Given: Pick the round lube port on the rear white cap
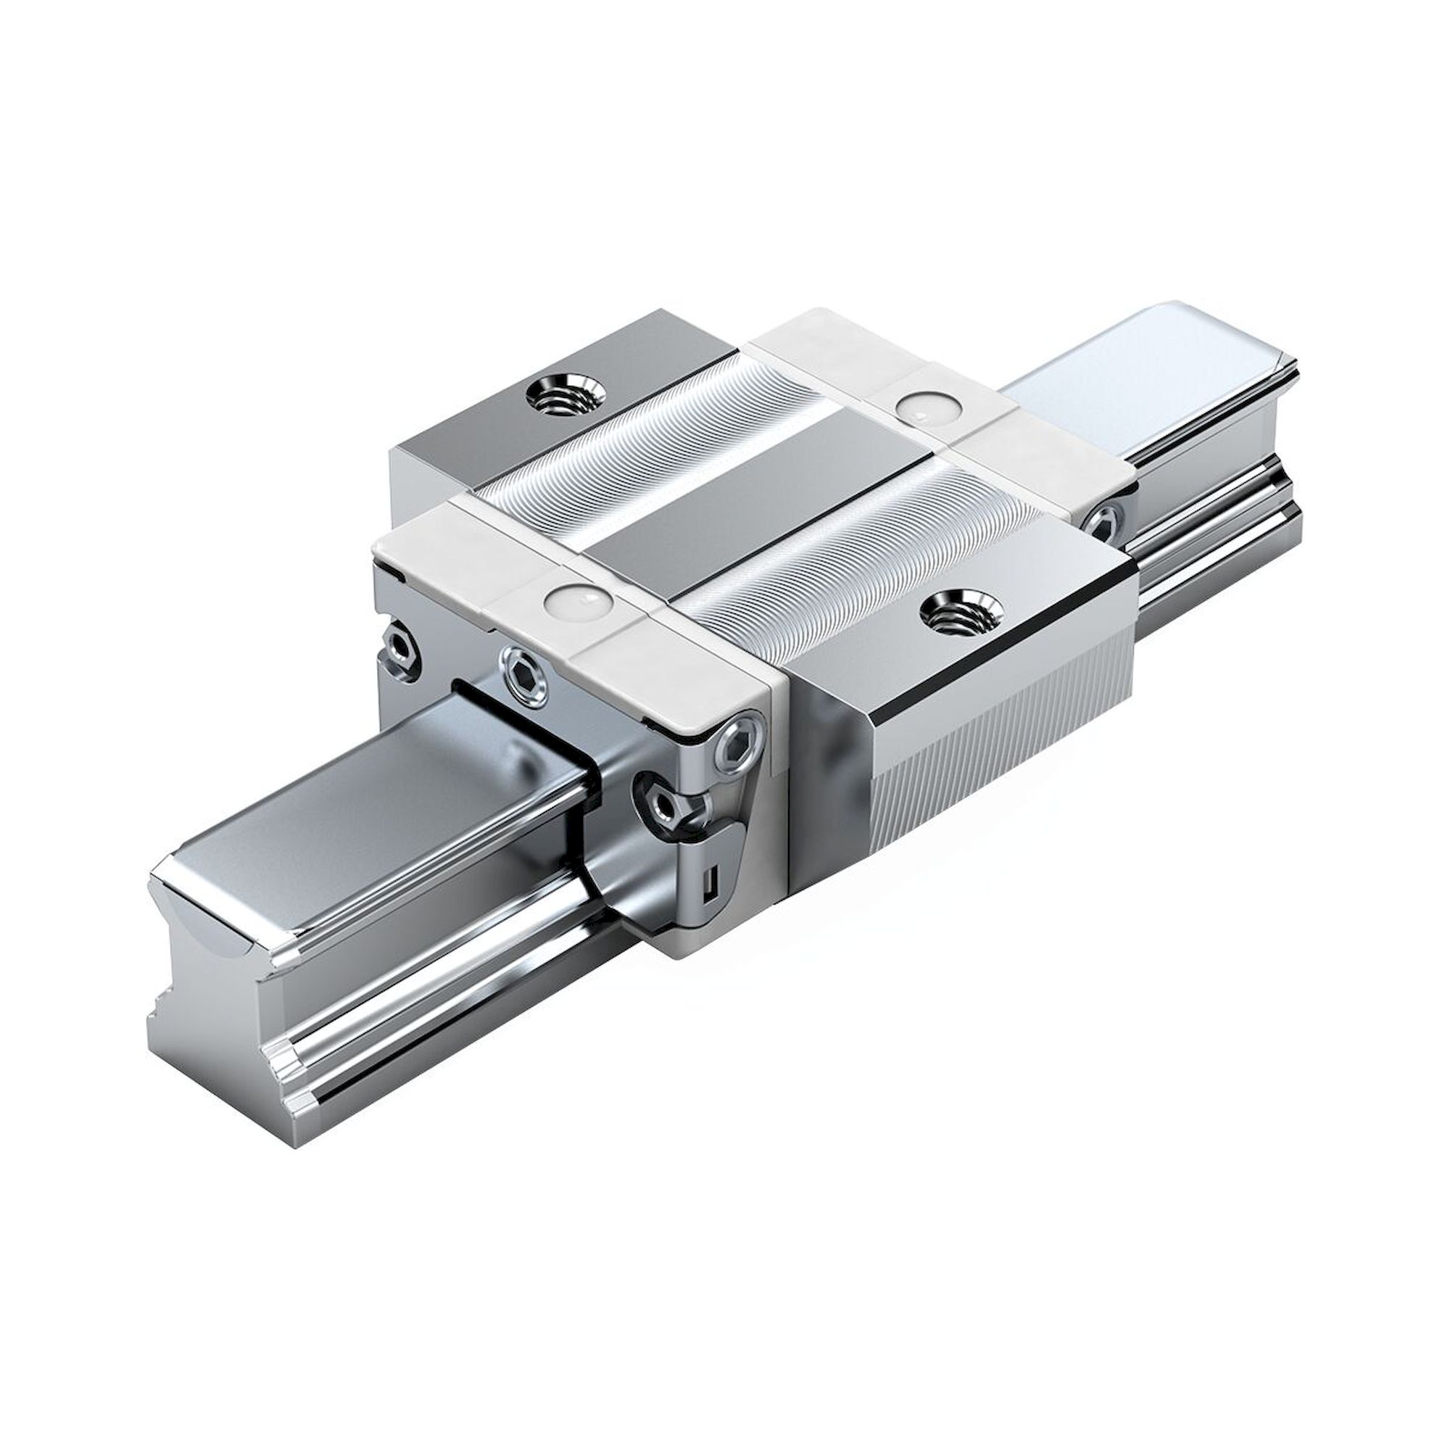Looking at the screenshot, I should [924, 408].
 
